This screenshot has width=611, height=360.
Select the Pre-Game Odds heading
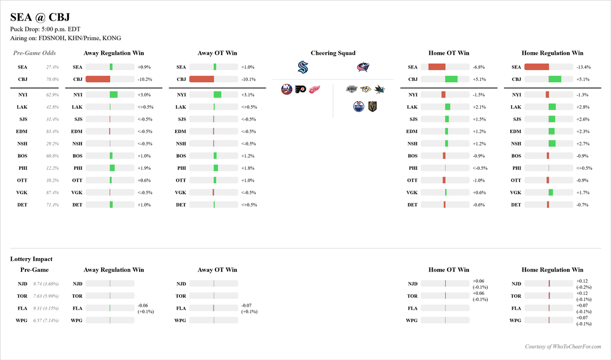35,53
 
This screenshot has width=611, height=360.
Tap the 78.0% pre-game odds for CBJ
52,79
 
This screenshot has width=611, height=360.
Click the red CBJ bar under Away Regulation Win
98,79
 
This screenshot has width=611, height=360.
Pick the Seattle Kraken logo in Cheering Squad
303,67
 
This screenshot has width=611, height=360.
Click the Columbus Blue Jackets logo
363,67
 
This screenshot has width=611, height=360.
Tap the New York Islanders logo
286,89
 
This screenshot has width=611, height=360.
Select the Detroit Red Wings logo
314,89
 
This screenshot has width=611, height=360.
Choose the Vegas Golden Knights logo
372,106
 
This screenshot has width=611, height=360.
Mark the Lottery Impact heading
31,259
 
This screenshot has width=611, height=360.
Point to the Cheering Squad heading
333,53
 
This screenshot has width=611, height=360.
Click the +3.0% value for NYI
144,95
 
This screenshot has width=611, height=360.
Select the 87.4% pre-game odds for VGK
52,192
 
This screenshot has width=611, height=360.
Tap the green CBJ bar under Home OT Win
451,79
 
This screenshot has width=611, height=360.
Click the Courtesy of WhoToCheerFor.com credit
563,346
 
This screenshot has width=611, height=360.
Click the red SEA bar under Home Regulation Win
536,67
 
